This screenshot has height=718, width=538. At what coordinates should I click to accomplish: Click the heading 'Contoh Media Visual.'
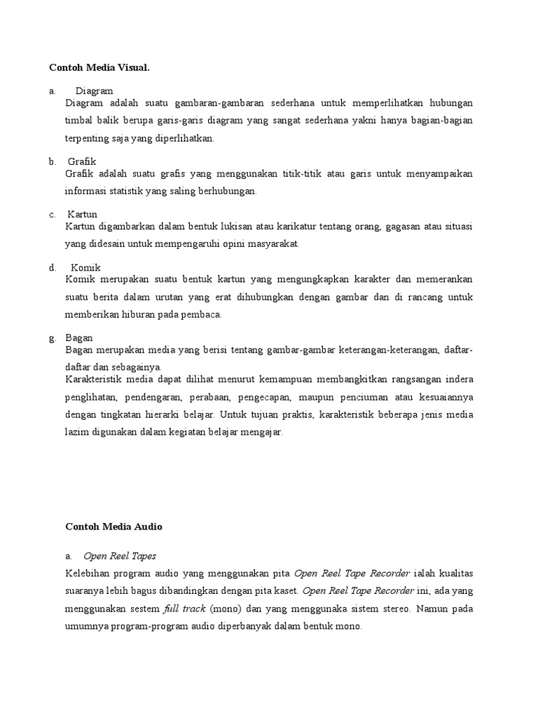click(x=99, y=67)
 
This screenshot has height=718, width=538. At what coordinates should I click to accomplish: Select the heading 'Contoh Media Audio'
click(x=113, y=525)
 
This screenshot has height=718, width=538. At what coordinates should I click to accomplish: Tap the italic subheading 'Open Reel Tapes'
click(x=120, y=555)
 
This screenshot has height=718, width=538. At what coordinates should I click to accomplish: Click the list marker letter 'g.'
click(x=53, y=337)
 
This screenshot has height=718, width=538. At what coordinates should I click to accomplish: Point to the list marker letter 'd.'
click(x=53, y=267)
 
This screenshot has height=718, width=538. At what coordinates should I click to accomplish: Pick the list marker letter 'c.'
click(x=53, y=214)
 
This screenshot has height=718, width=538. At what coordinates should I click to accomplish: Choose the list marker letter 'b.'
click(x=53, y=161)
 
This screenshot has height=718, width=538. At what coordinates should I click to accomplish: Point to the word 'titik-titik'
click(x=304, y=173)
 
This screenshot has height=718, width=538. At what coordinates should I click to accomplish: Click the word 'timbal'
click(x=78, y=121)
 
